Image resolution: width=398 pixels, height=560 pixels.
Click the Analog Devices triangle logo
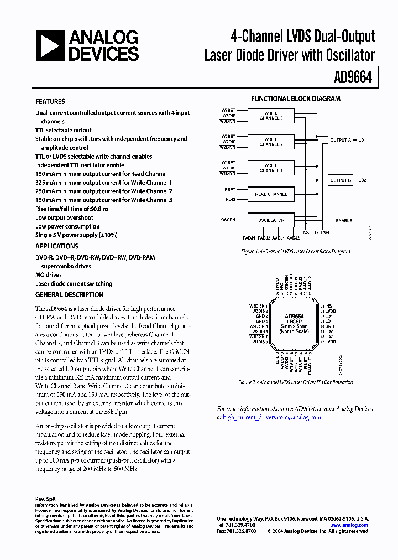point(50,45)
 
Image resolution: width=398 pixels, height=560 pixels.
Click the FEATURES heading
point(50,102)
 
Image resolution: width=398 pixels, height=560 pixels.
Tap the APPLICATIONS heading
point(56,246)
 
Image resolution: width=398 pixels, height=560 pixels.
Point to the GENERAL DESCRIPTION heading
point(69,295)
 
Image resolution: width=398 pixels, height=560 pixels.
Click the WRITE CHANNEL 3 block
point(271,116)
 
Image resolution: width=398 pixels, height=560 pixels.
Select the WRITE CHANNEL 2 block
point(271,142)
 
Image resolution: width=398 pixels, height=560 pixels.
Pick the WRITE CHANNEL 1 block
point(271,168)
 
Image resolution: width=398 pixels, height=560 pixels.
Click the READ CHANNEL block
point(271,194)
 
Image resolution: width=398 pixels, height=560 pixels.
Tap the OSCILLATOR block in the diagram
point(271,220)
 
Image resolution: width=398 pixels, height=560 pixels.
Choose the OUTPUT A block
point(341,140)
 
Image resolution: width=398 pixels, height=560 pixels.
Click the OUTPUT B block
point(341,180)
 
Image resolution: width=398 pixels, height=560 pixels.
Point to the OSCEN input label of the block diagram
point(228,220)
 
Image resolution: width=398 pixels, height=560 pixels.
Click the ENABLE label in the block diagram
point(343,221)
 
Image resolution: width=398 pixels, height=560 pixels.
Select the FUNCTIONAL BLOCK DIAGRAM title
point(296,99)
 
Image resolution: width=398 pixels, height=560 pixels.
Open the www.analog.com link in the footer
point(349,525)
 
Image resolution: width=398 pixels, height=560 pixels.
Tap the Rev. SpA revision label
point(45,499)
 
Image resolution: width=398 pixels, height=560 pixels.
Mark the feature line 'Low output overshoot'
point(64,217)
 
